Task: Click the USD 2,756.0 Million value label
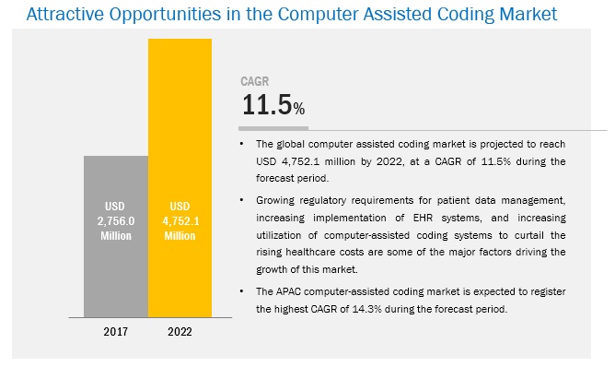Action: pyautogui.click(x=115, y=221)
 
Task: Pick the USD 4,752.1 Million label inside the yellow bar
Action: pyautogui.click(x=180, y=221)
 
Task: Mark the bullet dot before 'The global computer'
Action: pyautogui.click(x=242, y=143)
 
